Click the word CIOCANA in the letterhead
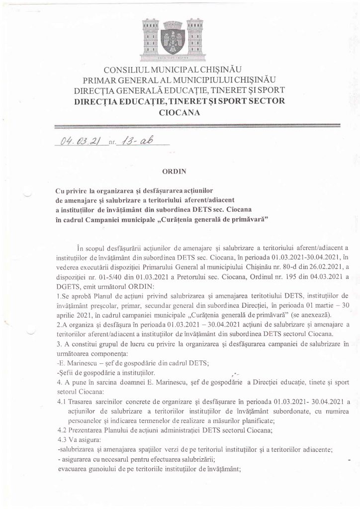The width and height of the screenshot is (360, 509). pos(180,112)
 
